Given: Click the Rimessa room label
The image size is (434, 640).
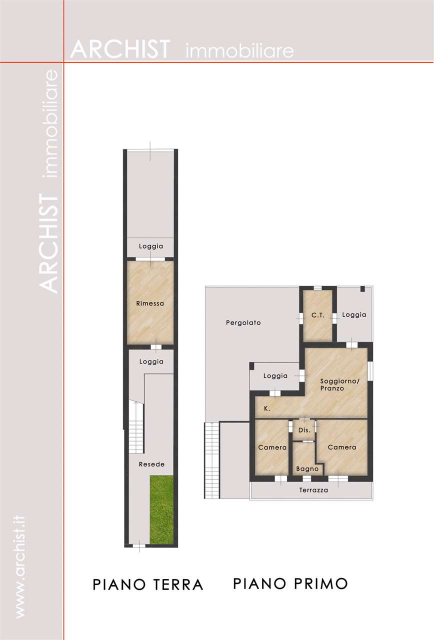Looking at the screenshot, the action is click(150, 303).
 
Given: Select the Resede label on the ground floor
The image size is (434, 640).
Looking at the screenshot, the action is click(151, 464).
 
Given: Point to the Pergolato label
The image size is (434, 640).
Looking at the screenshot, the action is click(243, 323).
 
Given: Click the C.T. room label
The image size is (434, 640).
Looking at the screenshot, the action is click(317, 315).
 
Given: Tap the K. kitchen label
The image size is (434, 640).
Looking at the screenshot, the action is click(267, 408).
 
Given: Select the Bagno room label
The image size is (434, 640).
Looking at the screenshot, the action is click(307, 469).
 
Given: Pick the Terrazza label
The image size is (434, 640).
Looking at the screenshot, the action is click(313, 490).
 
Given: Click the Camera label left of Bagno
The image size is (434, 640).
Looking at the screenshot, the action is click(272, 447).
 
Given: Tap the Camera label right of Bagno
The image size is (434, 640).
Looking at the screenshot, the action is click(342, 447).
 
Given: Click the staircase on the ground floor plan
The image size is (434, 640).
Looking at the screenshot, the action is click(136, 427).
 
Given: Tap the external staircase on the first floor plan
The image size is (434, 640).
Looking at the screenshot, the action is click(211, 461).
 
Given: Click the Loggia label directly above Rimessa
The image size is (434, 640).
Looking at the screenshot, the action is click(151, 246).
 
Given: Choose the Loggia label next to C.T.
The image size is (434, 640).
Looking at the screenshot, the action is click(354, 315).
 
